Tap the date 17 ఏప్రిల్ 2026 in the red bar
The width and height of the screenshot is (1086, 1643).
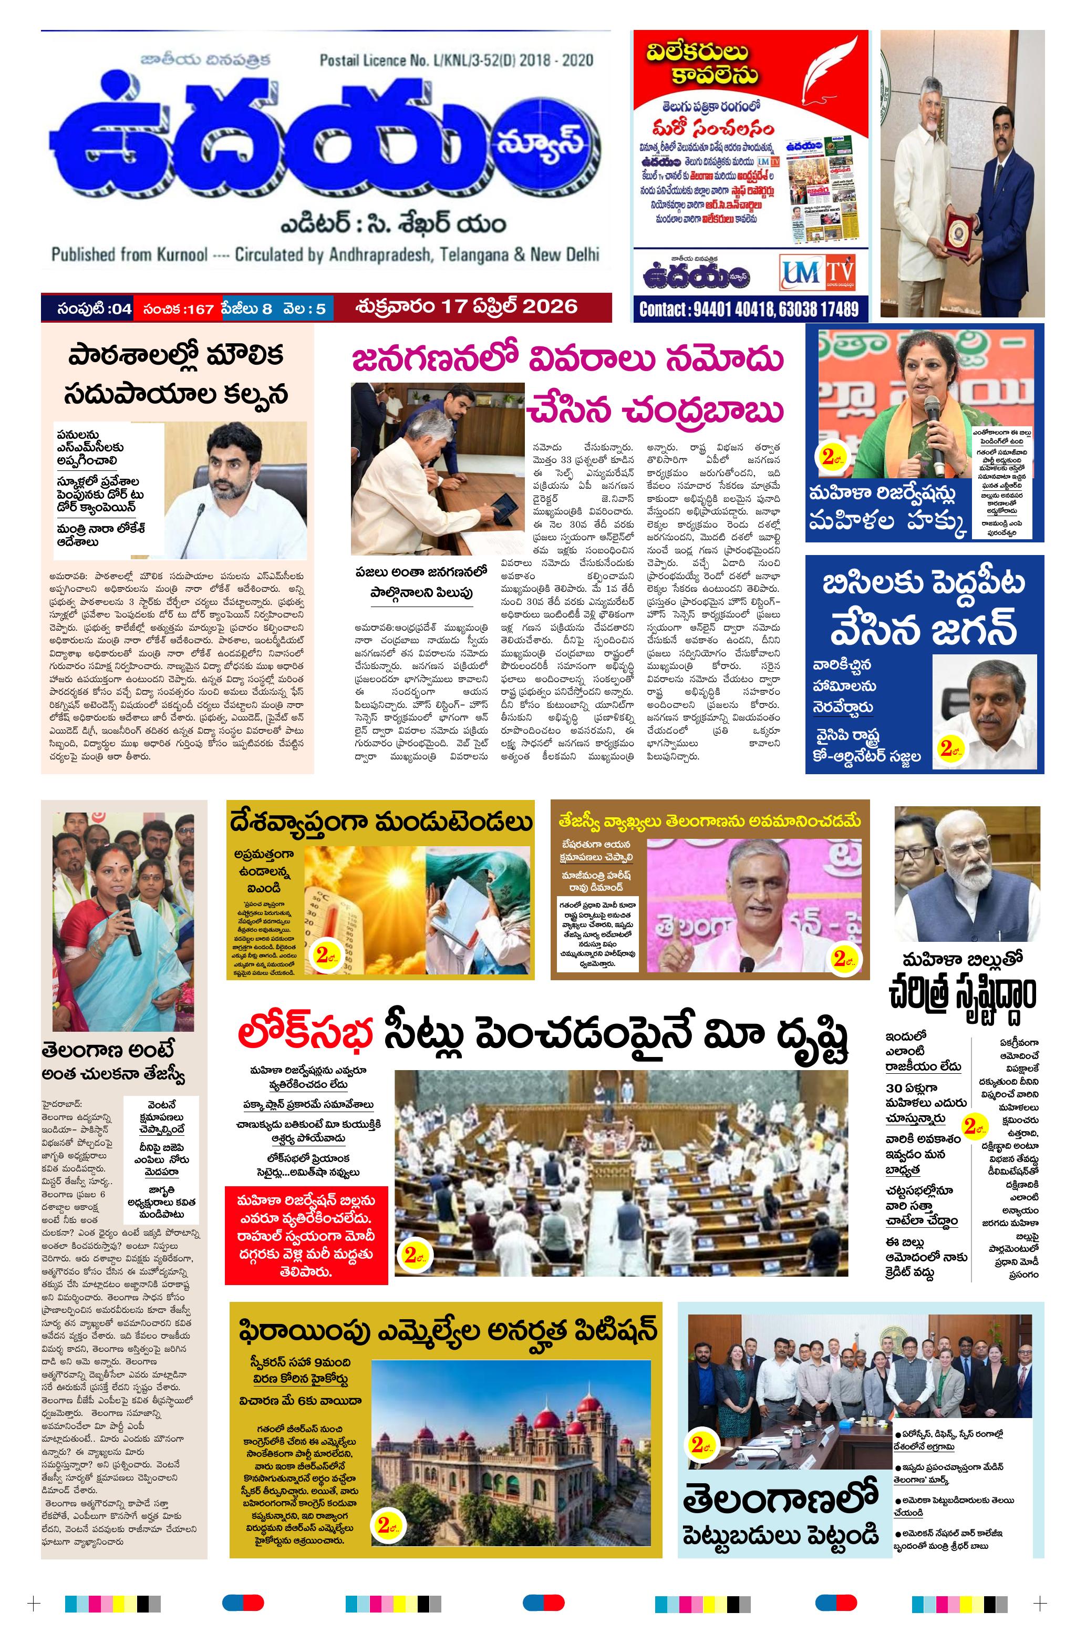pos(466,306)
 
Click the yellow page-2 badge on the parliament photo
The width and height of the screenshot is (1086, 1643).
pos(413,1255)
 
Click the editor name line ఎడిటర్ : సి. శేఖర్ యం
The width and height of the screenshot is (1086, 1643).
pos(392,225)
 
